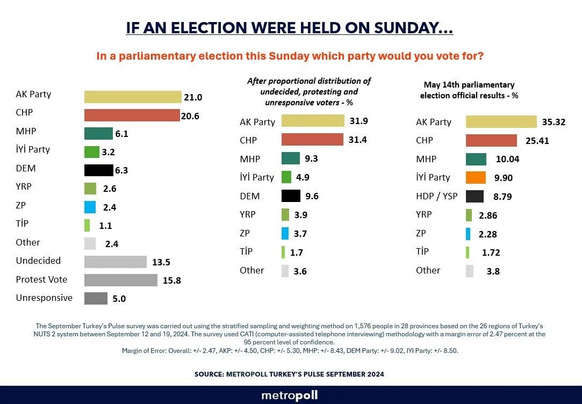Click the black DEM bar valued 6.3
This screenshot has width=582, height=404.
pos(99,170)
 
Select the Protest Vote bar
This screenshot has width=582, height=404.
pos(120,280)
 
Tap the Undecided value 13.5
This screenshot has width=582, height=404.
pos(161,262)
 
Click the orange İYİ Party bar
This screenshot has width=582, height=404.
pos(476,178)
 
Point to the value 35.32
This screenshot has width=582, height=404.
pos(554,122)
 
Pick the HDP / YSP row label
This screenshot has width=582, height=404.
pos(437,196)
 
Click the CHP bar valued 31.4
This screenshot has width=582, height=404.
pos(312,140)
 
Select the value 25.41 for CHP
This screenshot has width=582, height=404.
pos(537,141)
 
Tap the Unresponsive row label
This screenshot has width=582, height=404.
pos(44,298)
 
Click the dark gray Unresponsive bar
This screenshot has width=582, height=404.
pos(96,299)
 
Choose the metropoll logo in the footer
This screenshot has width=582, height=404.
pos(290,395)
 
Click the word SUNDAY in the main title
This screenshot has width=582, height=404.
pos(413,28)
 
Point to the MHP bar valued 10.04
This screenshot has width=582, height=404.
pos(476,159)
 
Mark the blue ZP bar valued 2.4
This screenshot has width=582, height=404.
pos(90,207)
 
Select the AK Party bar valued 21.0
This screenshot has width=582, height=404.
pos(133,97)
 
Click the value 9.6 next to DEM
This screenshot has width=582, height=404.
pos(312,196)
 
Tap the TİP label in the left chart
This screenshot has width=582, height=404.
pos(22,223)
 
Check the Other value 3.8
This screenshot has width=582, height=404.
pos(493,271)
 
